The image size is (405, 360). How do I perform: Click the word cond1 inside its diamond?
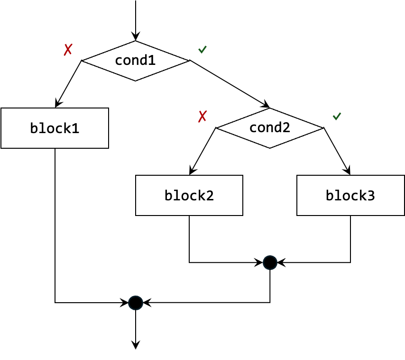click(135, 61)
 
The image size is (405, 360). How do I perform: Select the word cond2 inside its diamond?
click(269, 128)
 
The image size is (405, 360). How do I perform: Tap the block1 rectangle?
click(55, 128)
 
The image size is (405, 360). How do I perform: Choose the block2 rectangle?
click(189, 196)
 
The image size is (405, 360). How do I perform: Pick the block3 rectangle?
click(350, 196)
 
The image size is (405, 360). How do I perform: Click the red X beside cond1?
click(68, 49)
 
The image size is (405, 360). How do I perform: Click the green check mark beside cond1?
click(202, 49)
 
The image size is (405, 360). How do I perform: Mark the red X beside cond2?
click(202, 117)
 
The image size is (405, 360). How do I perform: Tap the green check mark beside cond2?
click(337, 116)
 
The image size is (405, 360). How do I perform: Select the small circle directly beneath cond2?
click(270, 263)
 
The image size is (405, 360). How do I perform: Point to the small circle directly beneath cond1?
click(136, 303)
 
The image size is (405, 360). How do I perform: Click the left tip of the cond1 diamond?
click(84, 61)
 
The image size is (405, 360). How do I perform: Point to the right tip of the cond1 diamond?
click(187, 61)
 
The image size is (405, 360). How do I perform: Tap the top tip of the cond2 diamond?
click(269, 109)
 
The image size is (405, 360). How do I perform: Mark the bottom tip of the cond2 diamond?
click(269, 147)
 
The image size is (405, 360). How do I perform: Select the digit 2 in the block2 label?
click(209, 196)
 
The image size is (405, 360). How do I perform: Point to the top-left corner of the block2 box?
click(137, 176)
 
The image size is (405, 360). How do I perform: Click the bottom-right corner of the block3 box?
click(404, 215)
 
